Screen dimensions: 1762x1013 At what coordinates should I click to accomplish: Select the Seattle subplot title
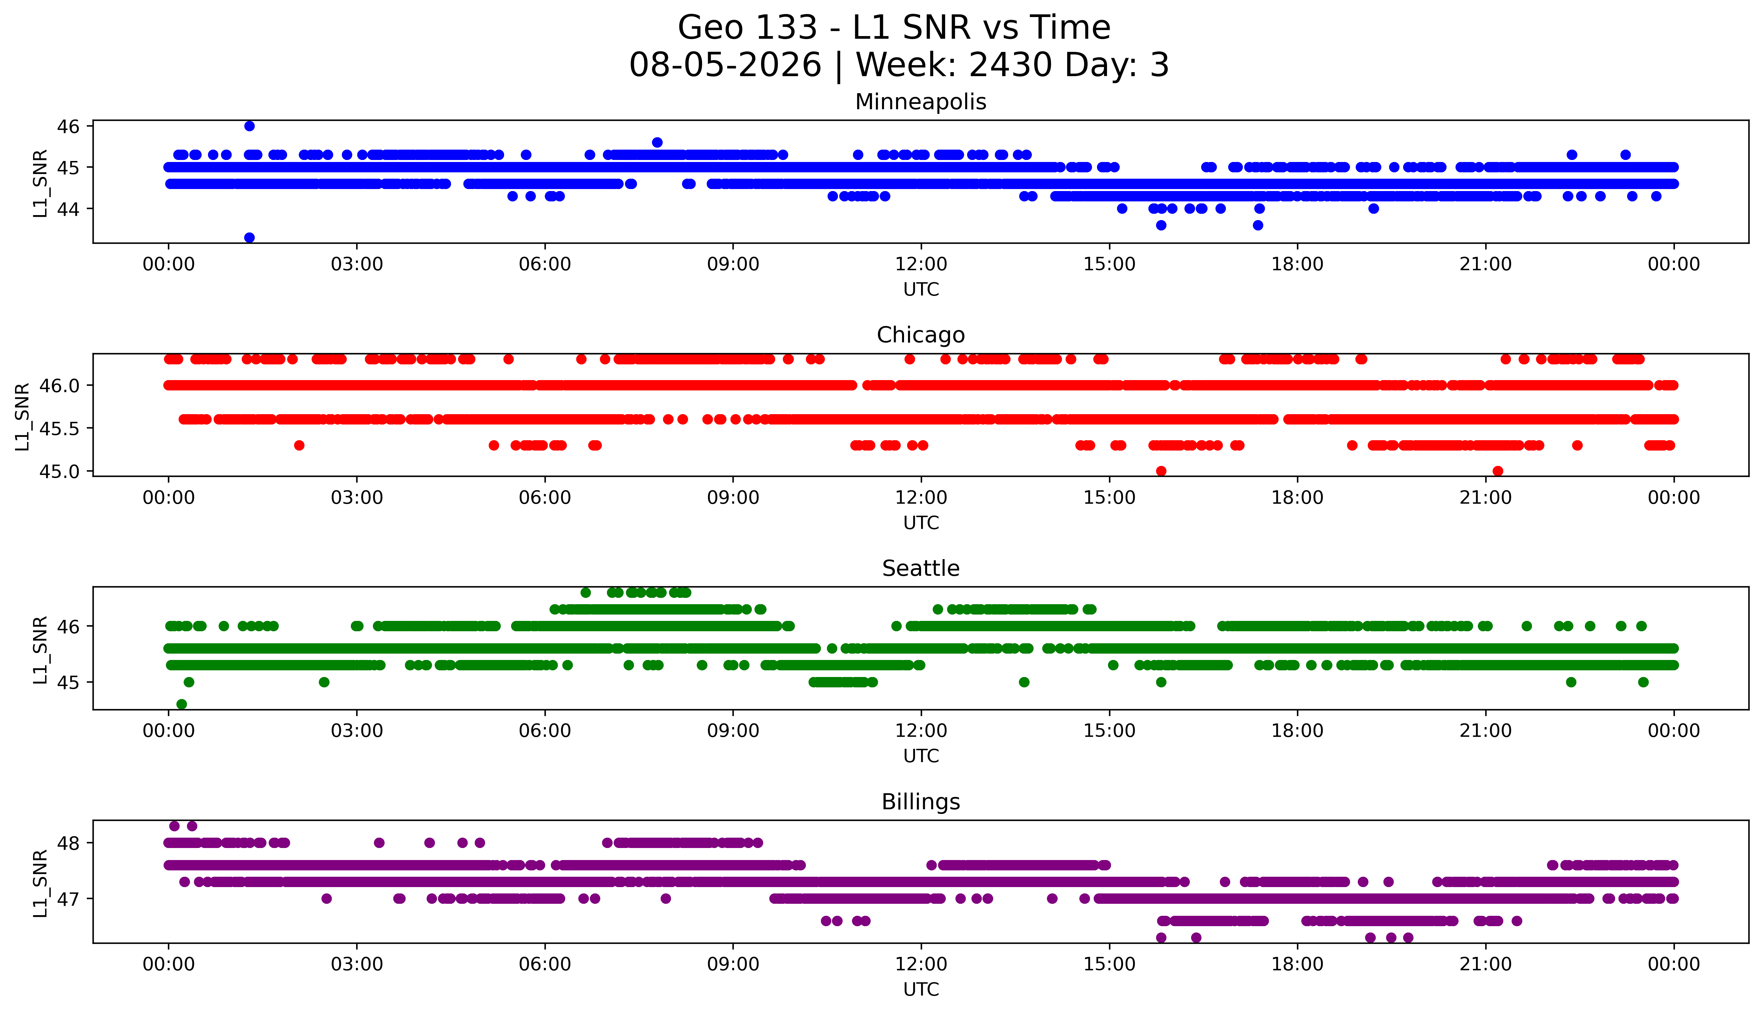click(921, 568)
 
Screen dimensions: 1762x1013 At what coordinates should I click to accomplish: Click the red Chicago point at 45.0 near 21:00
click(1498, 471)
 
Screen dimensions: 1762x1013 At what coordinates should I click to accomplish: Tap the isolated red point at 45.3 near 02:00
click(299, 445)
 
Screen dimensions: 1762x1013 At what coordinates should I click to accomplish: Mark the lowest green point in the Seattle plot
click(182, 704)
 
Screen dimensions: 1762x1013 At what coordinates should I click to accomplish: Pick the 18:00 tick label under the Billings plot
click(1298, 964)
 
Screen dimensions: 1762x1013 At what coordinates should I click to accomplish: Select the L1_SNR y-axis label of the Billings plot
click(40, 883)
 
